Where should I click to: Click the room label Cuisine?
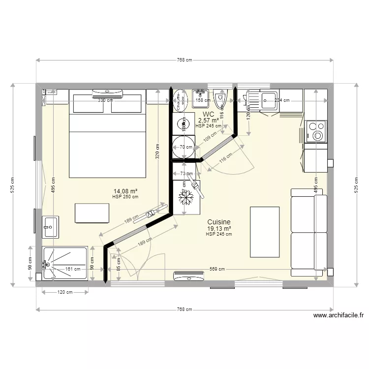point(219,222)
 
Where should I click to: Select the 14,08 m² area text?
point(125,191)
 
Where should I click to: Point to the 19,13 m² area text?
point(219,229)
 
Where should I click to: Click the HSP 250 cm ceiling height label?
point(125,197)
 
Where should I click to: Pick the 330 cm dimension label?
point(104,100)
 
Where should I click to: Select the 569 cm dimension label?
point(216,269)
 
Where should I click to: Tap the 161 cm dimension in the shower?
point(72,269)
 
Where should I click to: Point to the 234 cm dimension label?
point(281,100)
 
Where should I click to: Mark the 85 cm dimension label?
point(119,264)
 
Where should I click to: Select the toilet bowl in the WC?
point(220,99)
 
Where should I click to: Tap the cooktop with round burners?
point(316,131)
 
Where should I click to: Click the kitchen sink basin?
point(269,101)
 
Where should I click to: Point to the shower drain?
point(48,264)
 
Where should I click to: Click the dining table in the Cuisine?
point(265,232)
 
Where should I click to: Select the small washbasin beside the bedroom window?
point(50,225)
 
